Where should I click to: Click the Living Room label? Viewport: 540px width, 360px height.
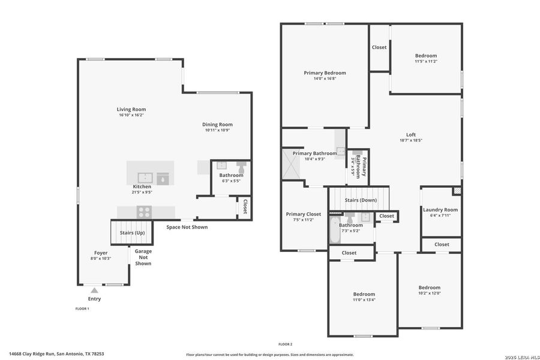131,110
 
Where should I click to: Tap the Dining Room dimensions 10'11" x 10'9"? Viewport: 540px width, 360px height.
217,130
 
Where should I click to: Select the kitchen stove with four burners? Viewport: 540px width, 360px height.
145,211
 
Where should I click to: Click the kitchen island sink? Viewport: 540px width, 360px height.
145,178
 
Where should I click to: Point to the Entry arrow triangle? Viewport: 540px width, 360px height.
94,290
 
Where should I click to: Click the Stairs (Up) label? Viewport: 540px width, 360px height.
132,232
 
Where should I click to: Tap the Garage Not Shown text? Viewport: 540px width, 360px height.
143,257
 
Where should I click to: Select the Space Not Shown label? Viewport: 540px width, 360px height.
187,227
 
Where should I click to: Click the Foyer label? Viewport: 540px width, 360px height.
101,253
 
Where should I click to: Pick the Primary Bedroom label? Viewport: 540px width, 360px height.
325,73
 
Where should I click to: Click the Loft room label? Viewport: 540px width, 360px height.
410,134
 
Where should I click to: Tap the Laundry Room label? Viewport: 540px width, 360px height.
440,209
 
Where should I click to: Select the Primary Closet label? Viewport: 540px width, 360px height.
303,214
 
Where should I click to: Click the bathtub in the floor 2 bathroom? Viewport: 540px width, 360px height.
335,232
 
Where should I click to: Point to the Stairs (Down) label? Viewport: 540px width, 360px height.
361,200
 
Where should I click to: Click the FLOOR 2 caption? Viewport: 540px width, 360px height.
285,344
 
